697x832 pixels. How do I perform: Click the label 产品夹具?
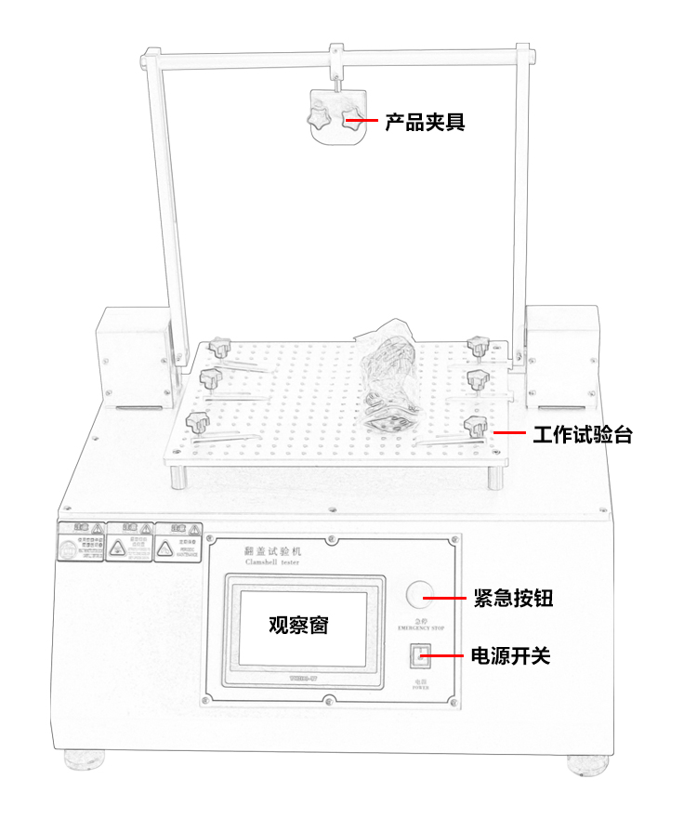click(x=425, y=122)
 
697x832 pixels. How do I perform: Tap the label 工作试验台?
click(x=583, y=434)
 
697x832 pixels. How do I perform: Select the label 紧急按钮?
click(x=513, y=599)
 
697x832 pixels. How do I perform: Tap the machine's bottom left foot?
click(x=85, y=759)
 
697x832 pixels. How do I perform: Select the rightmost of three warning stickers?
click(x=178, y=542)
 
